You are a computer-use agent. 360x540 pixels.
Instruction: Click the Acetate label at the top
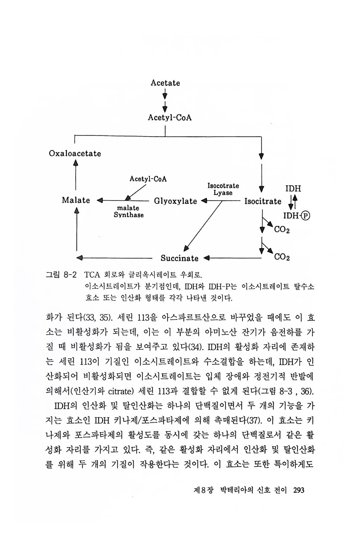pyautogui.click(x=165, y=83)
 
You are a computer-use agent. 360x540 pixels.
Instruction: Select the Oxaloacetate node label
pyautogui.click(x=75, y=154)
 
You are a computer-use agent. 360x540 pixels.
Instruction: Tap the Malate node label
pyautogui.click(x=76, y=200)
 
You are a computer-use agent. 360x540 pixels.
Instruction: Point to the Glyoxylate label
pyautogui.click(x=175, y=201)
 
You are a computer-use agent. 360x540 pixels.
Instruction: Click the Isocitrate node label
pyautogui.click(x=263, y=201)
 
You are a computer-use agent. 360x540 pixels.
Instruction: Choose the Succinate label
pyautogui.click(x=179, y=258)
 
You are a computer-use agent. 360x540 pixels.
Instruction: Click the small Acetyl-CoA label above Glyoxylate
pyautogui.click(x=148, y=179)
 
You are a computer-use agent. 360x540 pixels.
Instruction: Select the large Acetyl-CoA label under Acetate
pyautogui.click(x=169, y=117)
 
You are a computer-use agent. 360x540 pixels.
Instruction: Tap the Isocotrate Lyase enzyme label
pyautogui.click(x=223, y=189)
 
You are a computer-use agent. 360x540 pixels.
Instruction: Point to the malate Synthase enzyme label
pyautogui.click(x=128, y=211)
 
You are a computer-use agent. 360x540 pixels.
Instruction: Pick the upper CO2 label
pyautogui.click(x=282, y=230)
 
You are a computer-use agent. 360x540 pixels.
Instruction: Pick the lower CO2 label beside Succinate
pyautogui.click(x=282, y=257)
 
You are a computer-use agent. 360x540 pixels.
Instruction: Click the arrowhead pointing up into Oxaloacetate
pyautogui.click(x=76, y=162)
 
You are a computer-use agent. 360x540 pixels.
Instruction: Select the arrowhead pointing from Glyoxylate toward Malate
pyautogui.click(x=100, y=200)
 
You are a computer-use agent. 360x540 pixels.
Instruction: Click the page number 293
pyautogui.click(x=299, y=490)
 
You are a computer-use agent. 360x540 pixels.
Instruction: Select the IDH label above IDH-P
pyautogui.click(x=293, y=189)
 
